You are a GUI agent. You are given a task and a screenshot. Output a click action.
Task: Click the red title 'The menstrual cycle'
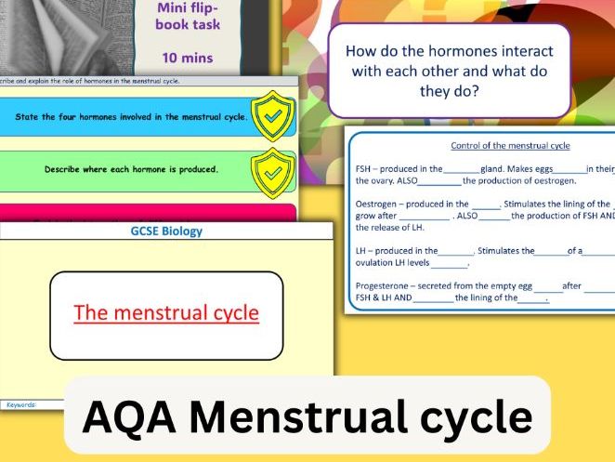tap(166, 312)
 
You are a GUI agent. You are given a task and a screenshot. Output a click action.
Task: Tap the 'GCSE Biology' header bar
tap(166, 231)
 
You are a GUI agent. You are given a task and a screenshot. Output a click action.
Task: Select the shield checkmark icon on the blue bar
tap(273, 117)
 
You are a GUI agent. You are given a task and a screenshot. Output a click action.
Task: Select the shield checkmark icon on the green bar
tap(273, 170)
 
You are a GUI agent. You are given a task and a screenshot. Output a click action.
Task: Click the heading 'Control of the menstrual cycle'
tap(510, 146)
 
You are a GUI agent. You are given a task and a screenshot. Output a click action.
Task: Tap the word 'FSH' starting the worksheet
tap(363, 168)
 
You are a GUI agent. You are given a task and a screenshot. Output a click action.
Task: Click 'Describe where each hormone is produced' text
tap(131, 169)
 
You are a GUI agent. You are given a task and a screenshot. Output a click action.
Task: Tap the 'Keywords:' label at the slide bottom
tap(20, 404)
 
